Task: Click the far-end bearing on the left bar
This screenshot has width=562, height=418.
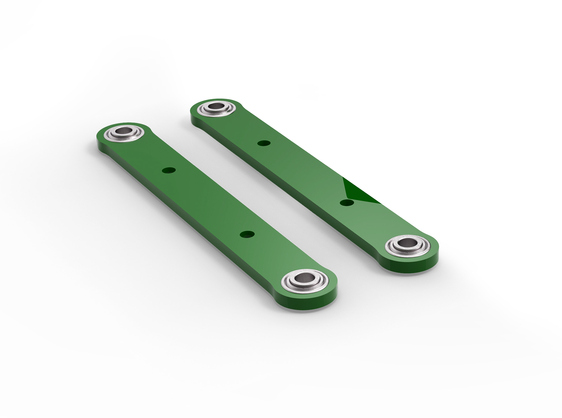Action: [124, 133]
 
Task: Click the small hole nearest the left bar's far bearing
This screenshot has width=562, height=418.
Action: [168, 170]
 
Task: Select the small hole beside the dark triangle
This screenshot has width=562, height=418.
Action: [347, 202]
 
